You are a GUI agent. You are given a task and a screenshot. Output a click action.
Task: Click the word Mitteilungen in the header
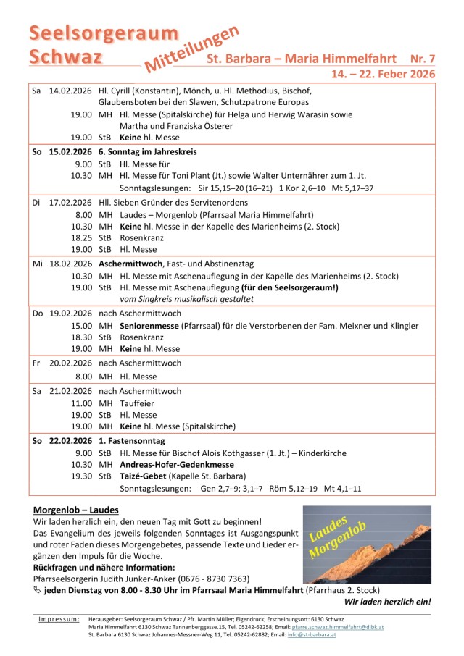(192, 49)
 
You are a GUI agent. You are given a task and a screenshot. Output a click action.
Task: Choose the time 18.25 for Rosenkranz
(81, 237)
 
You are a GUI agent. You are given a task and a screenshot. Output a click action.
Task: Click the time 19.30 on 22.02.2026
(81, 476)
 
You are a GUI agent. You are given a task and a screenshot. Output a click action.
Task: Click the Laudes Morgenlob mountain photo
(366, 544)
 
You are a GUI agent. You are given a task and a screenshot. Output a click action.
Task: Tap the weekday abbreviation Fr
(37, 363)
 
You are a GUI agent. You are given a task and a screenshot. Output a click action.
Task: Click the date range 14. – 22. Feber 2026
(383, 74)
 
